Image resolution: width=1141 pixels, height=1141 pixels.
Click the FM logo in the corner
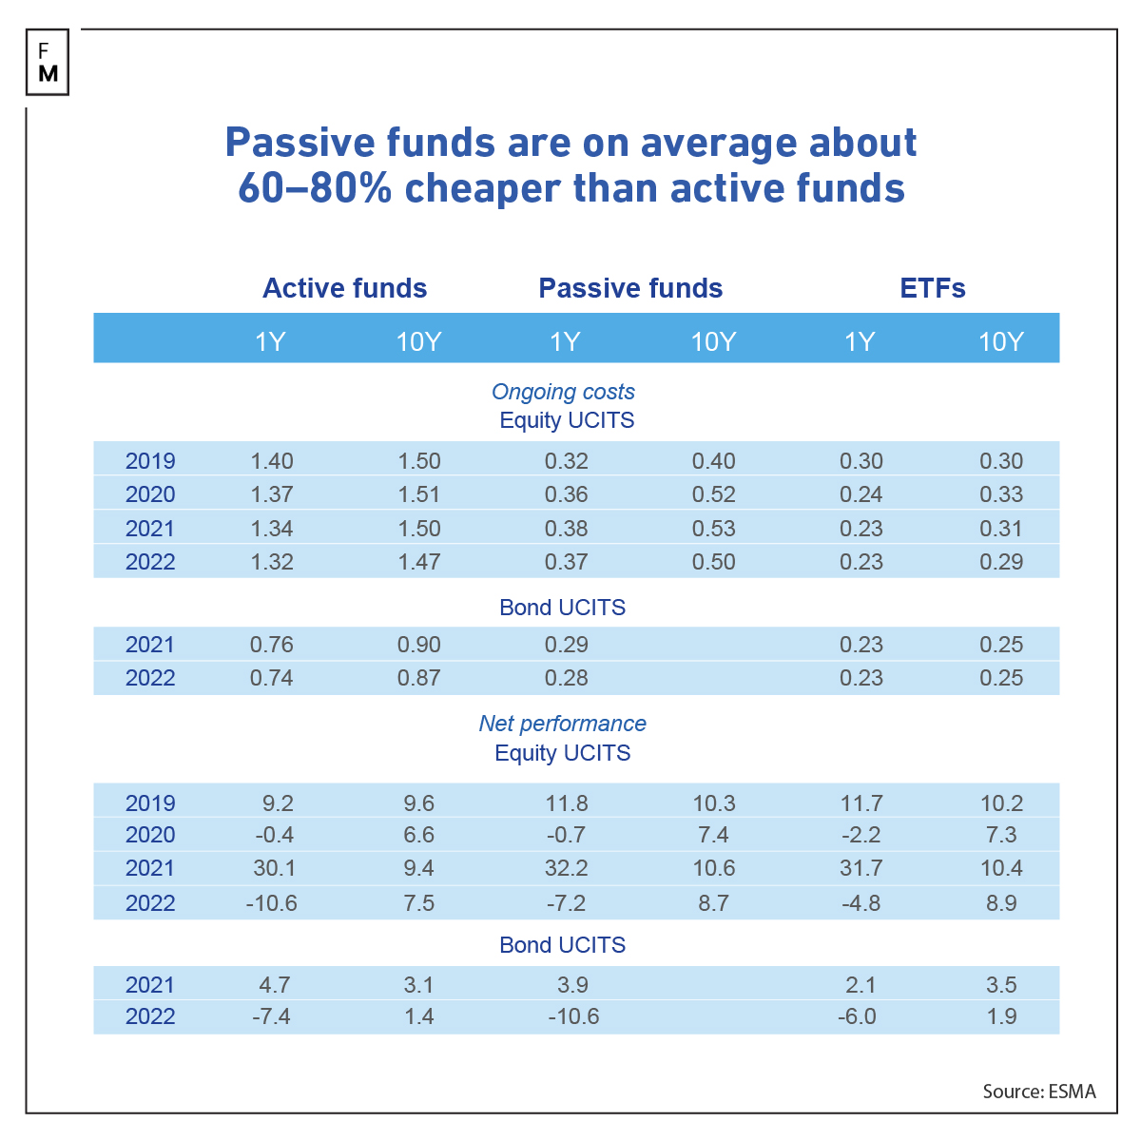[x=48, y=63]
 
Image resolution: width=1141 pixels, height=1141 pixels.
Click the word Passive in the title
[x=297, y=143]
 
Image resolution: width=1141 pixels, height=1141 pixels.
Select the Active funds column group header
[x=344, y=288]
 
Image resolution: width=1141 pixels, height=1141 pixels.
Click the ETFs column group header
[x=932, y=288]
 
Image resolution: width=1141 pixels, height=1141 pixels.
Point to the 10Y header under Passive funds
[x=713, y=341]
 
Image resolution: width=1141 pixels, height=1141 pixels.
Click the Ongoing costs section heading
[x=563, y=392]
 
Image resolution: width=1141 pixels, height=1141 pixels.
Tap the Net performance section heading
[x=562, y=724]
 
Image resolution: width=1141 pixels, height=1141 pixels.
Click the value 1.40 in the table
[x=272, y=461]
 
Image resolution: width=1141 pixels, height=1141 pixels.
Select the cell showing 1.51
[x=418, y=494]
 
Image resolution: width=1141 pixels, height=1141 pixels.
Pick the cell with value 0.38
[x=566, y=529]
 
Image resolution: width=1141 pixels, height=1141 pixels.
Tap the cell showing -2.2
[x=861, y=835]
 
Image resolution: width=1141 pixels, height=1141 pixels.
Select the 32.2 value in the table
[x=566, y=868]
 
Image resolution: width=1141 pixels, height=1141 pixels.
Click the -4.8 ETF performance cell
[x=861, y=903]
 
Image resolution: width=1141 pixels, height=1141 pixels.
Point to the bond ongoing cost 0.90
[x=418, y=645]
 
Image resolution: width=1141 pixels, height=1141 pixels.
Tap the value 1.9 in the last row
[x=1001, y=1016]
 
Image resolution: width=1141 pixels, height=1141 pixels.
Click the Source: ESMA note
[x=1038, y=1092]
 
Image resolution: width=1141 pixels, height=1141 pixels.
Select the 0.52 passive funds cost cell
[x=713, y=494]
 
